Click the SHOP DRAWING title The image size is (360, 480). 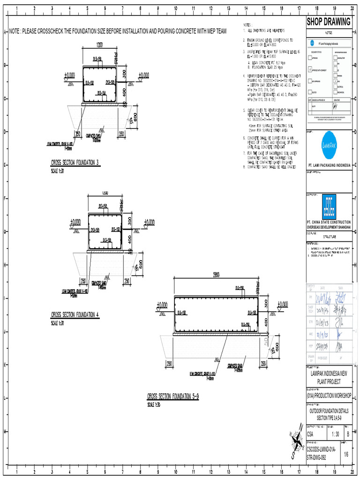point(329,22)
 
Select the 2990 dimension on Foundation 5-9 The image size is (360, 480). point(216,274)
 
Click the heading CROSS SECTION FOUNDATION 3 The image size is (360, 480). point(75,163)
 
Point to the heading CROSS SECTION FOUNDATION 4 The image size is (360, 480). point(75,315)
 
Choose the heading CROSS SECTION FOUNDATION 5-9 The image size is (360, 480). point(173,397)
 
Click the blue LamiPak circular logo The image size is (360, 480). point(329,142)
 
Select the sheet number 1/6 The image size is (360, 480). point(346,454)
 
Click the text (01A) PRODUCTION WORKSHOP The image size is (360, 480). point(329,396)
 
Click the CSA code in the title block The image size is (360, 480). point(311,434)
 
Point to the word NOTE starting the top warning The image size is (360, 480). point(14,31)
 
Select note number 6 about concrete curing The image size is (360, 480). point(244,138)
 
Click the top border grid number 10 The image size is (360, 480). point(175,9)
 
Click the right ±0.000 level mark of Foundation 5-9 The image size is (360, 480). point(283,305)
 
